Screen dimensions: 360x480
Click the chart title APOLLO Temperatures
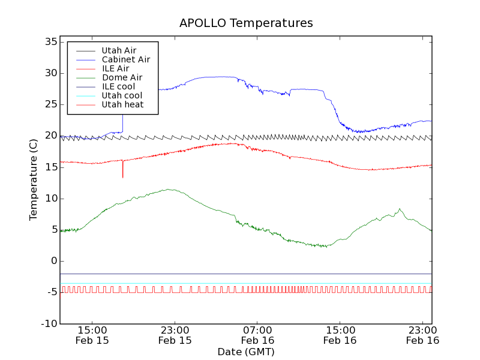(246, 23)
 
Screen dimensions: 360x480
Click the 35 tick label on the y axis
(50, 42)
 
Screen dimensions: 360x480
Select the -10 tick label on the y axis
(47, 324)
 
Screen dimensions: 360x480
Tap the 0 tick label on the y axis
(53, 261)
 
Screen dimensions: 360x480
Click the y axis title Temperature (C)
(34, 180)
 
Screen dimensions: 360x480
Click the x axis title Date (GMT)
(246, 352)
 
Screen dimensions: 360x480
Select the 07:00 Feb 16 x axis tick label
(257, 335)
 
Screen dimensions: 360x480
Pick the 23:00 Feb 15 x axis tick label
(175, 335)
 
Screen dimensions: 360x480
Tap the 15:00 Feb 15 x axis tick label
(92, 335)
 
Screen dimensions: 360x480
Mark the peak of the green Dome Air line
(170, 190)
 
